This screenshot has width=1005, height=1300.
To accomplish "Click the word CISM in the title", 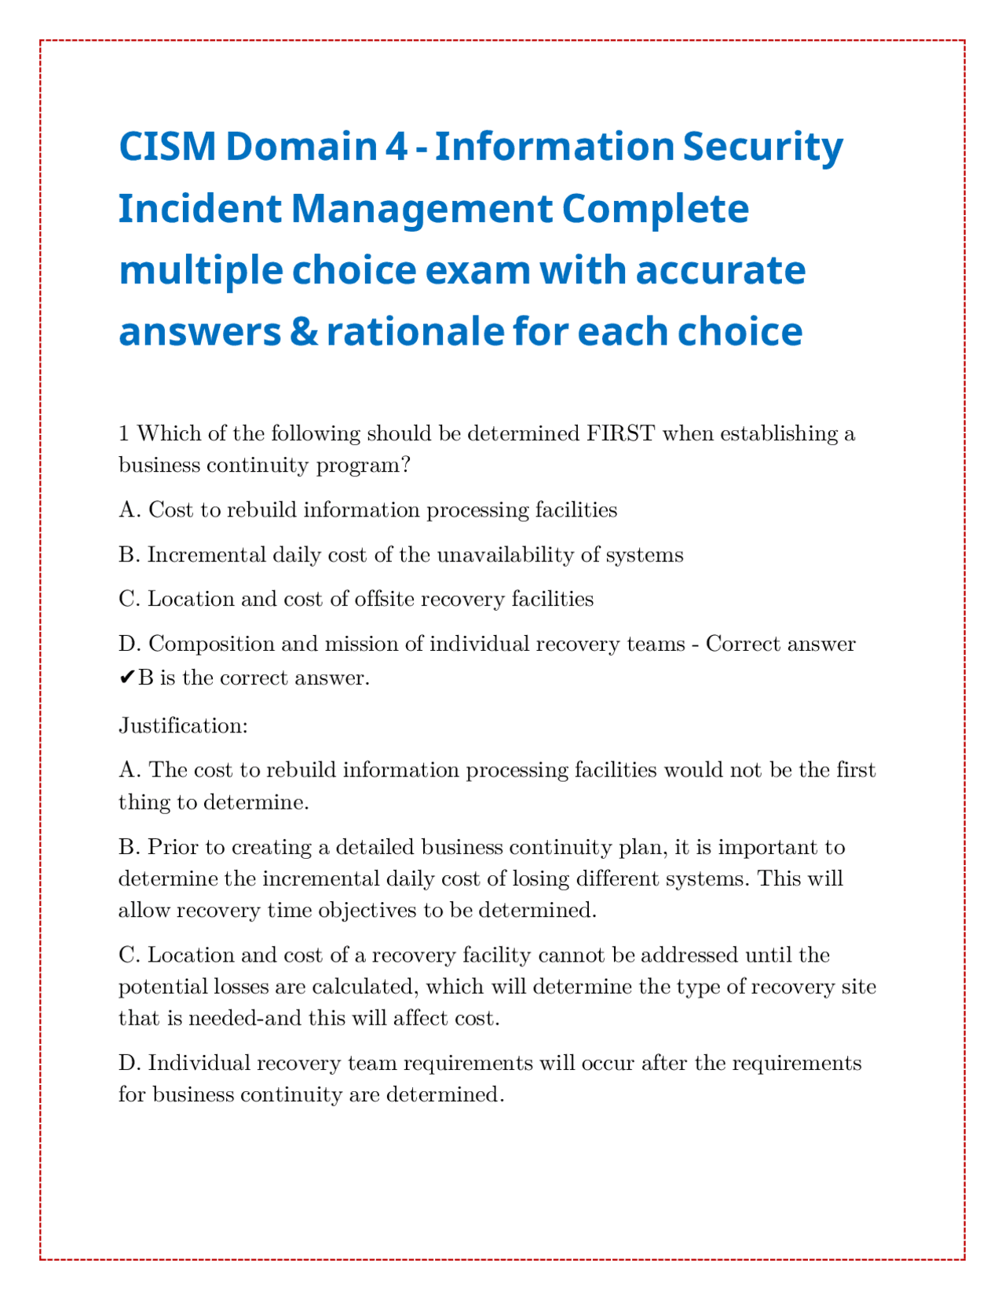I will click(166, 147).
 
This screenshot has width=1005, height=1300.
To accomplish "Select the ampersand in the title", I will click(299, 332).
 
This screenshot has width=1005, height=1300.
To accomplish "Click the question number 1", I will click(123, 433).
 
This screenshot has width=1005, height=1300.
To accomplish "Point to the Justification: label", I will click(183, 726).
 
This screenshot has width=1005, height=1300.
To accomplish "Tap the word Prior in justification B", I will click(166, 848).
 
